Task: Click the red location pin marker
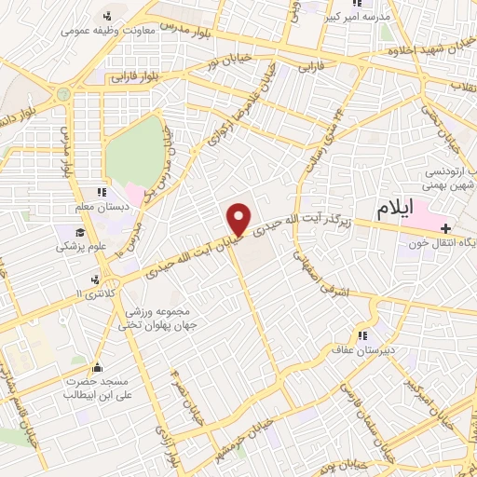(x=238, y=218)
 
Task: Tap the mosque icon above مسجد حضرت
(x=99, y=366)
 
